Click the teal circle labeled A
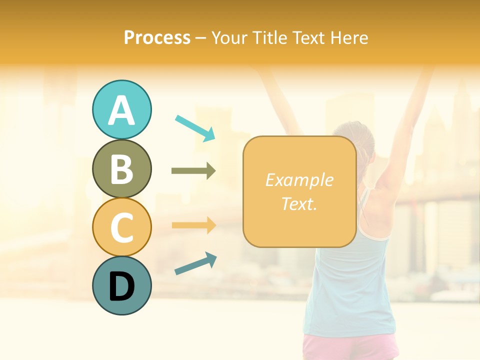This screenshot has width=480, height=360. (x=121, y=109)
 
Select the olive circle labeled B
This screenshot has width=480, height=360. (x=121, y=168)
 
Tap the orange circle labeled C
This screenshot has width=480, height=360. (x=121, y=227)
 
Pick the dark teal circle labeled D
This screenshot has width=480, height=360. (x=121, y=285)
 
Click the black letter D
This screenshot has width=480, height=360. (x=121, y=286)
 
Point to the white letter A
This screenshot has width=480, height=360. (x=121, y=110)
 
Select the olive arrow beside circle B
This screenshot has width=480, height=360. (x=193, y=171)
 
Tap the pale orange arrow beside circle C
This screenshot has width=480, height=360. (x=193, y=225)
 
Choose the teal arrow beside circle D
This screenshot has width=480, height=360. (x=195, y=263)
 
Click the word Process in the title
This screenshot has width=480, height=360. (x=157, y=38)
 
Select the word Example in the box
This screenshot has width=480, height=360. (x=299, y=180)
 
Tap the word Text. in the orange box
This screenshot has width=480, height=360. (x=299, y=203)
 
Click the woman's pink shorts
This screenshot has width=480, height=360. (x=350, y=347)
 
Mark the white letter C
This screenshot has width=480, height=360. (x=121, y=228)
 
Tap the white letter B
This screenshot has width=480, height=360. (x=121, y=169)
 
